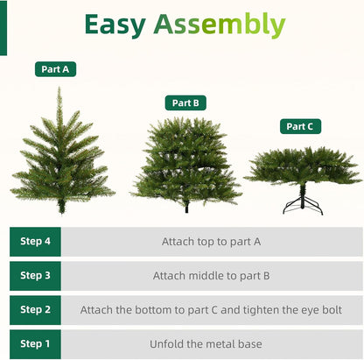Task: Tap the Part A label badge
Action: (53, 68)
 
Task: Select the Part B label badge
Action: (185, 102)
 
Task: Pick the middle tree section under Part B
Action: (185, 162)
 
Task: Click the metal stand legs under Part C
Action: (302, 205)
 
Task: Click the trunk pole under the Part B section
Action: (186, 208)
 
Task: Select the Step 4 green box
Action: (36, 241)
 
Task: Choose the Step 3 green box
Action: (36, 275)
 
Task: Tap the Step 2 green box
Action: (36, 309)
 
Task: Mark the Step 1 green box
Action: (36, 343)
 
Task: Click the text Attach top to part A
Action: (212, 241)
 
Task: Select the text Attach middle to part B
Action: (212, 275)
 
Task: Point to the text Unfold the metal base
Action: (212, 343)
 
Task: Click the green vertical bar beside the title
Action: (3, 26)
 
